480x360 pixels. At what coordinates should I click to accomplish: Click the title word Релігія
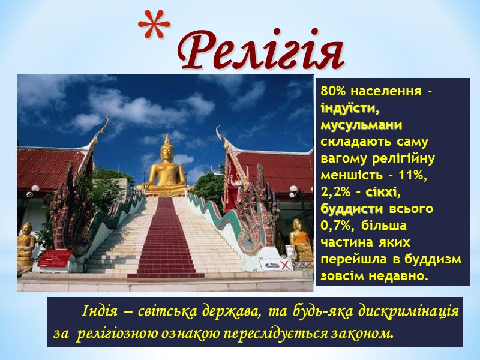click(260, 50)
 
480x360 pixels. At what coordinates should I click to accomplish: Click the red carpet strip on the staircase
click(165, 240)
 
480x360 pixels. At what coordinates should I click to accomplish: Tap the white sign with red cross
click(275, 265)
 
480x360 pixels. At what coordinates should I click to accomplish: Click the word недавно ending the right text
click(400, 277)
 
